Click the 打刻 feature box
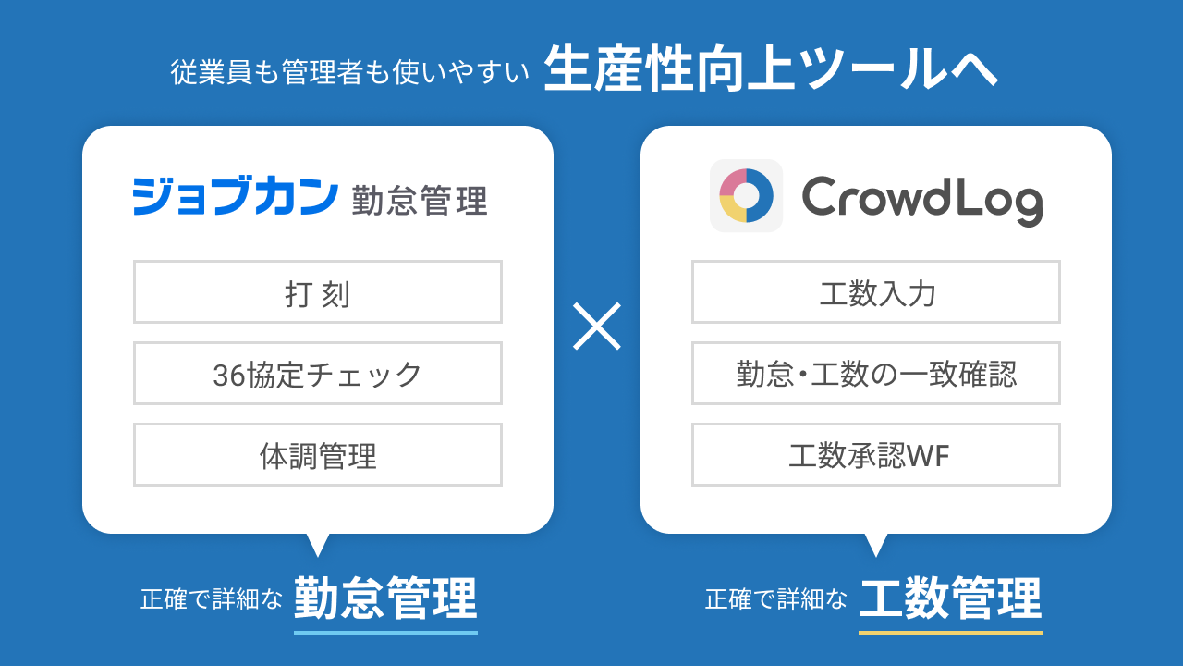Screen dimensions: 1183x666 317,292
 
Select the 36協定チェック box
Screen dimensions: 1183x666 317,374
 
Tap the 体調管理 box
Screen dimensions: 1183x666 317,455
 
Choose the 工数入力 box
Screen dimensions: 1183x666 875,292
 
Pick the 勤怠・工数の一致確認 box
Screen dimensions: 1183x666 875,374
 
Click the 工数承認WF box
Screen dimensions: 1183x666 875,455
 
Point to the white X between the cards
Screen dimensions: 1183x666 596,326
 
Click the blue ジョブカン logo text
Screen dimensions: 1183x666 235,196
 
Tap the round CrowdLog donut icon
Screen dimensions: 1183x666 746,195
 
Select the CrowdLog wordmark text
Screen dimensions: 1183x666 921,198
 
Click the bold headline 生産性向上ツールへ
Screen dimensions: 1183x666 771,69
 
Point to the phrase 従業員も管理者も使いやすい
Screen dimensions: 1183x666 349,72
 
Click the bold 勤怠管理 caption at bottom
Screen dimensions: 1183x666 385,598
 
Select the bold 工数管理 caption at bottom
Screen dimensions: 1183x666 950,598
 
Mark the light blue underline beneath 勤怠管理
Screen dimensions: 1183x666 385,632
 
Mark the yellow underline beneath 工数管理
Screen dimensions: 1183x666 950,632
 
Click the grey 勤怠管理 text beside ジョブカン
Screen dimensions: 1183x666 419,201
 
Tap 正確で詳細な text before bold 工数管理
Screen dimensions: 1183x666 776,599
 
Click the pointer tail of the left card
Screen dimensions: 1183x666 318,544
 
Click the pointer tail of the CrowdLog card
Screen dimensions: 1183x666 875,544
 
